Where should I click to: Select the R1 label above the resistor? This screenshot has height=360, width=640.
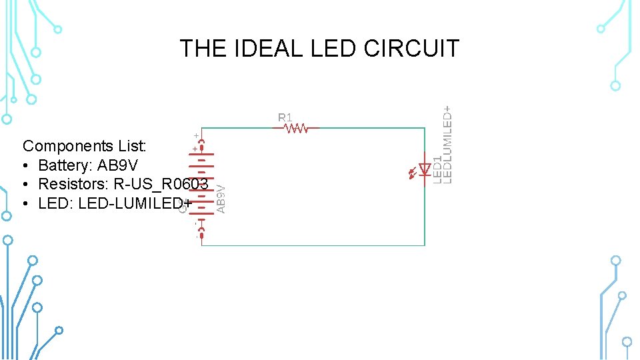click(285, 117)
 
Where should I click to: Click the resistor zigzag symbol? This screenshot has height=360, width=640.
click(296, 128)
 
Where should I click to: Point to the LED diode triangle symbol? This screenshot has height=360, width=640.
click(425, 169)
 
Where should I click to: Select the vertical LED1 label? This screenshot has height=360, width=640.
click(437, 169)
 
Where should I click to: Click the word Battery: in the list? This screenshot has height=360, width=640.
click(65, 165)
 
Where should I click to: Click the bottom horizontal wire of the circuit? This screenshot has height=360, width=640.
click(313, 245)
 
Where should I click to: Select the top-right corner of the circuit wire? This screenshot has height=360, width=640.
click(425, 128)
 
